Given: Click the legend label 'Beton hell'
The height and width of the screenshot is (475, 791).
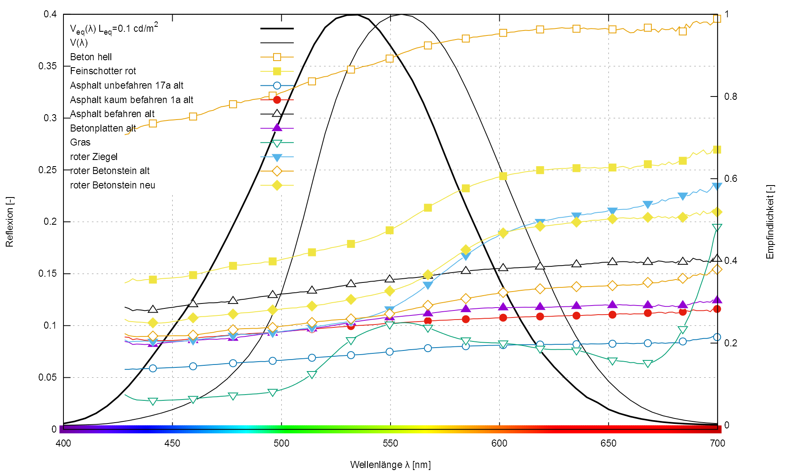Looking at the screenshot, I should [91, 57].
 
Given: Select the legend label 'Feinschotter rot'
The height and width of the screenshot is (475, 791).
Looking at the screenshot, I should [103, 71].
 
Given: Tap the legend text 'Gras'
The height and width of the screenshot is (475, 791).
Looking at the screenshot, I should [80, 142].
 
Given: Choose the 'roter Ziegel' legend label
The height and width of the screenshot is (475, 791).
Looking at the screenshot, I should [94, 157].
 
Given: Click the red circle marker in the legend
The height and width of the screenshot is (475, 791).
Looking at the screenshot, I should [277, 100].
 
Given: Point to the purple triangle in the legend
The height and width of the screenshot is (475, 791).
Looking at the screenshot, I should [277, 128].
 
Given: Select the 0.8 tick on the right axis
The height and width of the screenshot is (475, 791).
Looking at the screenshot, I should [730, 96].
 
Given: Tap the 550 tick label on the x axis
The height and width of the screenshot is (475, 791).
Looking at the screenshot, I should [390, 444].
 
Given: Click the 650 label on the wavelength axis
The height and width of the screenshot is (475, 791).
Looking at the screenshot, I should [608, 444].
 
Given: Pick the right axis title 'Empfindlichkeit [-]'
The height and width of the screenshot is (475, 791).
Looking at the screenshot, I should [770, 222].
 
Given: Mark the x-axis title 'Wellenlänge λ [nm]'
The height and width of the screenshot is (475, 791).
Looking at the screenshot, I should [390, 465].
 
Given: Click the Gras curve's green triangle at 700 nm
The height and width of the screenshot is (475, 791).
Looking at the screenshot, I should [717, 228].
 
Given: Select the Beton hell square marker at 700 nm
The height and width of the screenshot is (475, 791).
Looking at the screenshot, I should [717, 19].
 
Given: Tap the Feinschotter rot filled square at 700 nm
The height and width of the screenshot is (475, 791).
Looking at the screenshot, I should [717, 150].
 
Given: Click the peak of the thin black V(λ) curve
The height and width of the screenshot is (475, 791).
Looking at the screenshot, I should [401, 15].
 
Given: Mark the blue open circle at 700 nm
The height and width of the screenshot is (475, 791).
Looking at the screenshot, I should [717, 337].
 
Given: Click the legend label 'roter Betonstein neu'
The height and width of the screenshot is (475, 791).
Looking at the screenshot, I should [112, 185].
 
